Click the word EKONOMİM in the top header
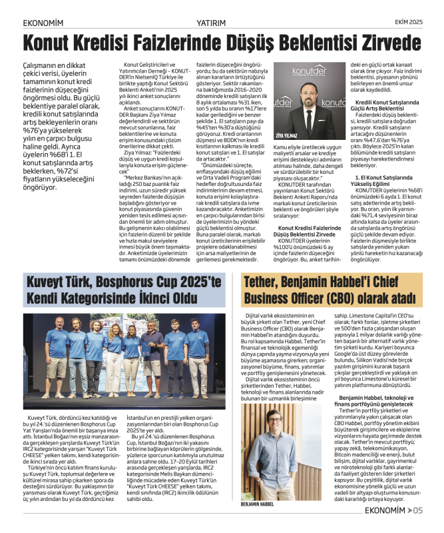43,23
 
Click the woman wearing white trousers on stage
131,353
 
